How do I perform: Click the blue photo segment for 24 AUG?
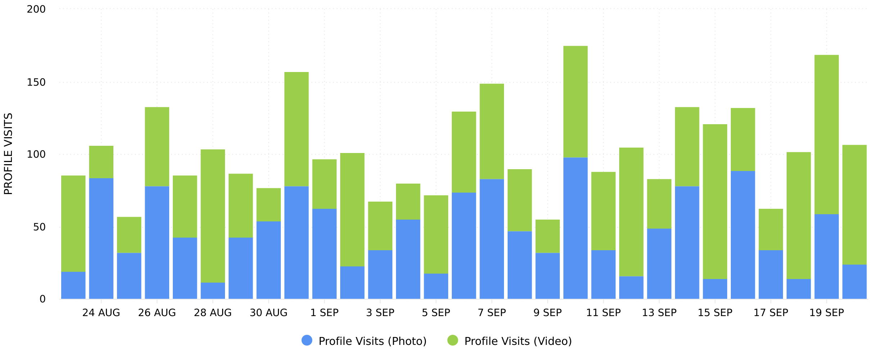coord(101,238)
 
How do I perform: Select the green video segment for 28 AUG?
coord(213,216)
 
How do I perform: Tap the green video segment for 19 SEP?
coord(827,135)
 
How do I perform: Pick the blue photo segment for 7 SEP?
coord(492,239)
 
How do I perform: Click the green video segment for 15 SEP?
coord(715,202)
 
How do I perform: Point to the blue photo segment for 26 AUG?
coord(157,243)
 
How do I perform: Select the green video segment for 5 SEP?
coord(436,234)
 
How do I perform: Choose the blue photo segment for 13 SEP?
coord(659,264)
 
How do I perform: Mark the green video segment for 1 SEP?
coord(324,184)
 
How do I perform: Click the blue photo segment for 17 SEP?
coord(771,274)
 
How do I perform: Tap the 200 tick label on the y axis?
coord(36,9)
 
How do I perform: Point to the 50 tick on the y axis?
coord(39,227)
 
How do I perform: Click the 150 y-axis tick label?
coord(36,82)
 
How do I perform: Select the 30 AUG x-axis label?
coord(269,313)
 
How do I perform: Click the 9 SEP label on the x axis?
coord(548,313)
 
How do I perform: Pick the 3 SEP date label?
coord(380,313)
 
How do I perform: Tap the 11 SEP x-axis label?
coord(603,313)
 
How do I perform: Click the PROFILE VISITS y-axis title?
coord(8,154)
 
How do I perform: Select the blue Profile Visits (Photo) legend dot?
coord(307,341)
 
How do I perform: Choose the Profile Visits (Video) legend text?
coord(518,341)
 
